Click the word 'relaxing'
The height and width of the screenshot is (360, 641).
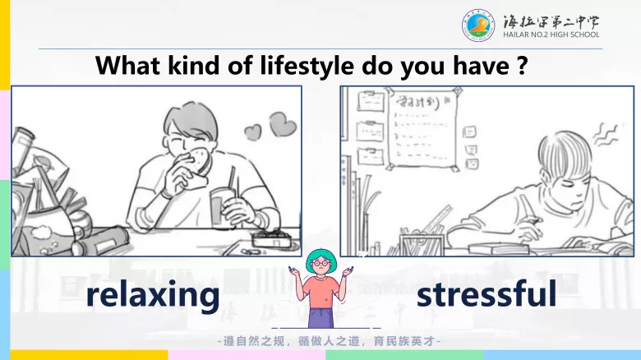point(154,295)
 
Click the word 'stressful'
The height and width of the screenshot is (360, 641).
point(487,293)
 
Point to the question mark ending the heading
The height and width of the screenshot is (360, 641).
point(521,65)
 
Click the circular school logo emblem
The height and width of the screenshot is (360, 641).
point(478,25)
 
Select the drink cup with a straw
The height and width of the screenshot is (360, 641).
point(223,205)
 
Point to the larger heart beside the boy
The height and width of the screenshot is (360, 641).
point(282,124)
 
